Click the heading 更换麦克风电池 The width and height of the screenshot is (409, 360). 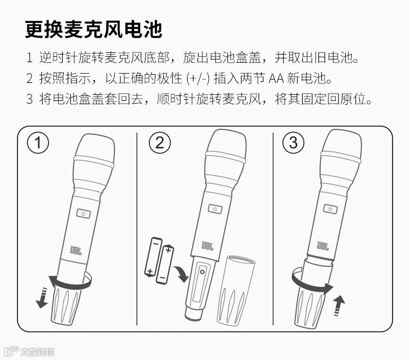click(x=93, y=29)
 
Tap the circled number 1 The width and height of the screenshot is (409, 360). click(x=38, y=143)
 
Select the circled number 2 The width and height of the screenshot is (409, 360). click(x=160, y=143)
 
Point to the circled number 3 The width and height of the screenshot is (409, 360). click(x=293, y=143)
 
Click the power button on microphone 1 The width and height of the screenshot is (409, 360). click(x=83, y=214)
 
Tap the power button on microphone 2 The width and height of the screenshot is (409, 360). click(x=215, y=209)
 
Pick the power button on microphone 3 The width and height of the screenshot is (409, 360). click(x=330, y=209)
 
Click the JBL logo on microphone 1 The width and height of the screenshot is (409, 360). click(x=76, y=250)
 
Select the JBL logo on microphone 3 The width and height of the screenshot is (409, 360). click(x=323, y=246)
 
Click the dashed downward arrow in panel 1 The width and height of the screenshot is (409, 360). click(x=42, y=298)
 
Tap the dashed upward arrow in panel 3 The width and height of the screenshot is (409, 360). click(x=339, y=306)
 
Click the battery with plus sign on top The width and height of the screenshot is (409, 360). click(x=164, y=264)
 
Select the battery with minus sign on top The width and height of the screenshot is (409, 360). click(x=153, y=256)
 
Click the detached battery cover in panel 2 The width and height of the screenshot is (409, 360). click(x=236, y=290)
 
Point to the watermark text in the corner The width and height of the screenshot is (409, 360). click(x=29, y=351)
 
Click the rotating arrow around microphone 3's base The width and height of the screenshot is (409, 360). click(x=312, y=282)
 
